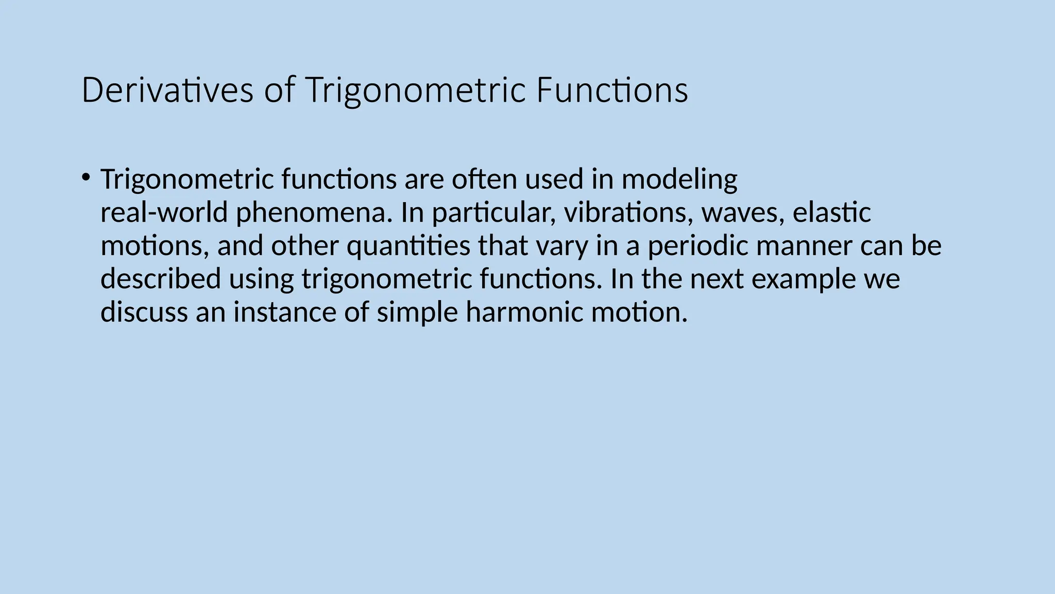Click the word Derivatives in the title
pos(167,90)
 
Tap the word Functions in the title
pos(611,90)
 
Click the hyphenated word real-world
pos(164,212)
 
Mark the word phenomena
pos(311,213)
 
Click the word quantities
pos(408,246)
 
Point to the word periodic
pos(697,246)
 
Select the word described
pos(160,279)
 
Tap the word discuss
pos(144,312)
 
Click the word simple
pos(417,313)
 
